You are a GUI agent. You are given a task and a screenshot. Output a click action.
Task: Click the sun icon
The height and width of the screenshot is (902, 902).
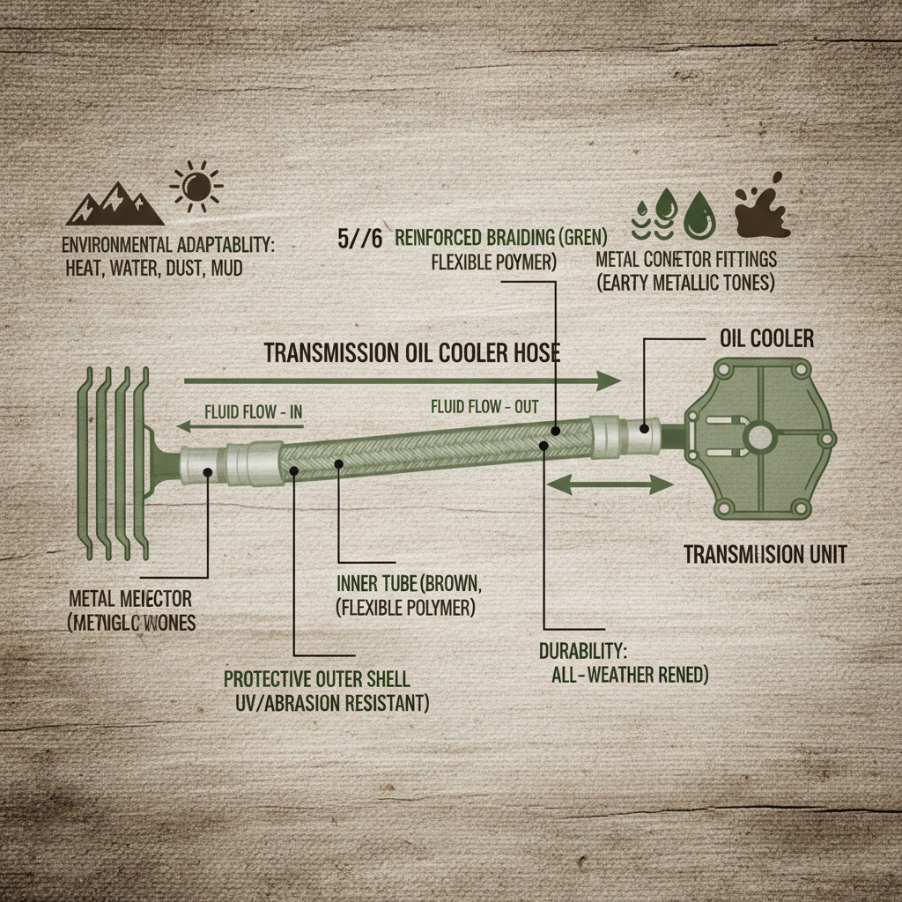pos(196,187)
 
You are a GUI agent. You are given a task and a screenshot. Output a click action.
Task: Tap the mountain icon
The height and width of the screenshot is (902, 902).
pos(115,205)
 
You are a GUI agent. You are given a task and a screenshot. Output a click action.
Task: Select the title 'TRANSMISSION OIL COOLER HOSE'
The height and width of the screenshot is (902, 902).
pos(412,352)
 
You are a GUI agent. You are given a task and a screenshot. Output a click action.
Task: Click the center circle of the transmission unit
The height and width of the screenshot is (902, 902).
pos(758,436)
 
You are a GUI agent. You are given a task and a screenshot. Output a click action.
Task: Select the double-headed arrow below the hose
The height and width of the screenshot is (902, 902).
pos(610,483)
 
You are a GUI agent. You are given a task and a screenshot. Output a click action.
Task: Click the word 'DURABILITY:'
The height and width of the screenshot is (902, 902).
pos(582,652)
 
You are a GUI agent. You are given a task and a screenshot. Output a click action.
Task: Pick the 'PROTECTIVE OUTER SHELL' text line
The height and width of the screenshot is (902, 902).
pos(316,679)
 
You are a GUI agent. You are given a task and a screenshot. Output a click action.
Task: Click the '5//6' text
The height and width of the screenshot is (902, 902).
pos(359,239)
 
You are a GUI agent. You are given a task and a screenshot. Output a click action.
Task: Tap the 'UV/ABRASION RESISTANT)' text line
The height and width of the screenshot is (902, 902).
pos(332,704)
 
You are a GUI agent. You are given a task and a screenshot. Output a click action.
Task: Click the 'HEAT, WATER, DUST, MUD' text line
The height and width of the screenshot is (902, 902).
pos(154,266)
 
